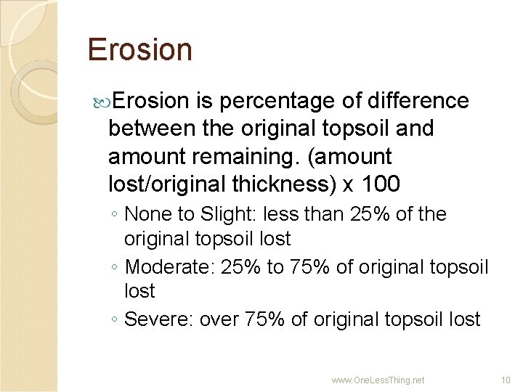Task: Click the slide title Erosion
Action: (x=139, y=50)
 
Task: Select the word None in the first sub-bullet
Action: (x=145, y=214)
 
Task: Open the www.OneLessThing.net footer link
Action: (x=378, y=380)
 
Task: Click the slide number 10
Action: (x=506, y=380)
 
